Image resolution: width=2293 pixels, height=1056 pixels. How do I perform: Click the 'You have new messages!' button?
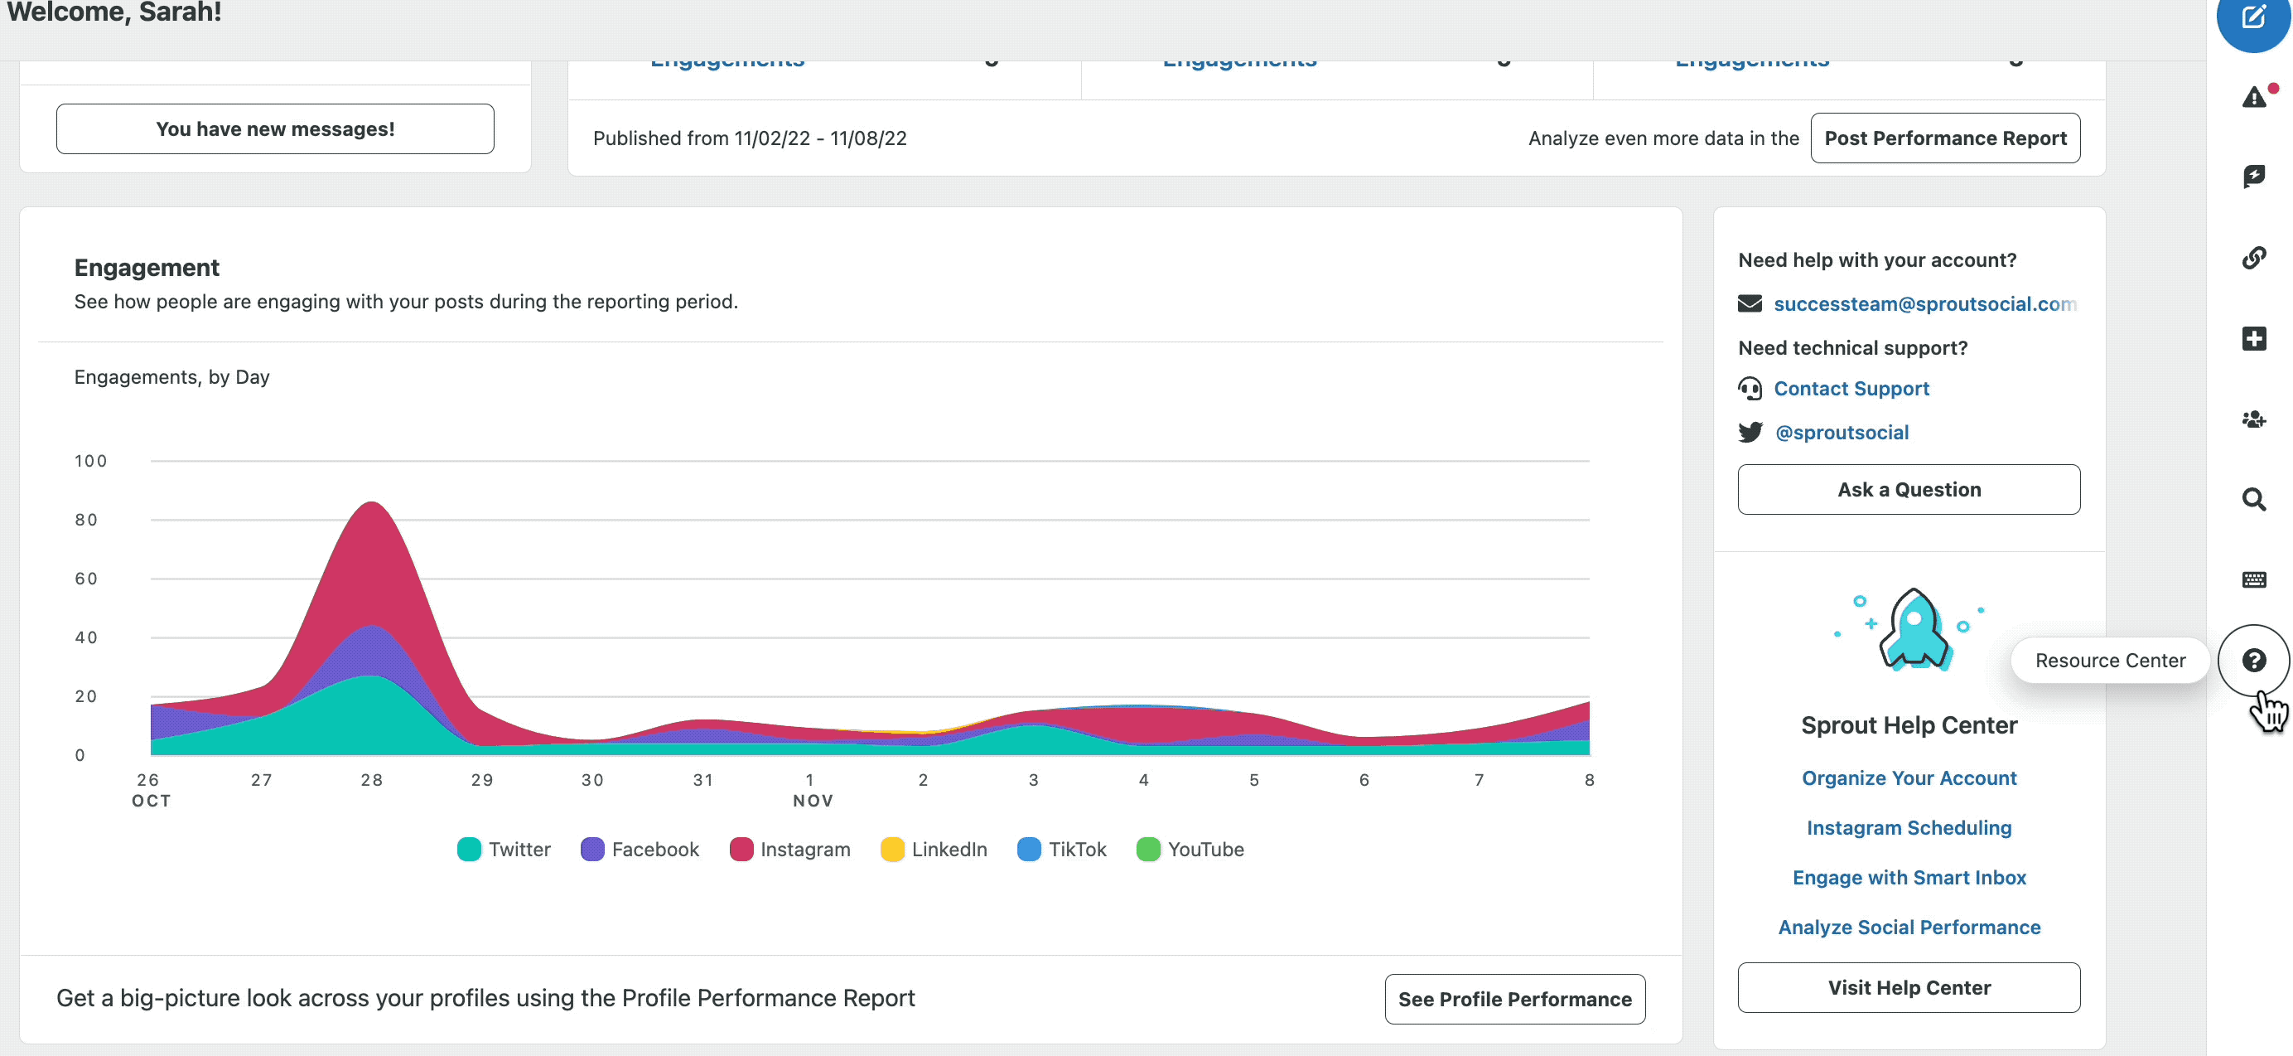pos(275,129)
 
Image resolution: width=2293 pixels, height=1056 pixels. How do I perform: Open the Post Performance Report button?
pos(1945,138)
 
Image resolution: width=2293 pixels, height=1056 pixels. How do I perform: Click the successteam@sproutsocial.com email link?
pos(1924,303)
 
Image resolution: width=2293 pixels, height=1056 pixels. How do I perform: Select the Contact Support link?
pos(1851,388)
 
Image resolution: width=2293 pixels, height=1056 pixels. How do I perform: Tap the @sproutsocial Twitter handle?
pos(1841,432)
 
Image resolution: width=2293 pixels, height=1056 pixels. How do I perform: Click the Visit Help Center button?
pos(1909,987)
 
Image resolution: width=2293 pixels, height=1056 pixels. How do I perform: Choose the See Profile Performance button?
pos(1514,999)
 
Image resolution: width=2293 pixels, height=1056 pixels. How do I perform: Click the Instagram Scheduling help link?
pos(1909,827)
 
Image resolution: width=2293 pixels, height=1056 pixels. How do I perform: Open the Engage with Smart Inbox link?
pos(1909,877)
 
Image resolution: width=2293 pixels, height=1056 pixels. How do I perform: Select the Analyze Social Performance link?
pos(1909,927)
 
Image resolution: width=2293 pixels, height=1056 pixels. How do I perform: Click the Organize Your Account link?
pos(1909,777)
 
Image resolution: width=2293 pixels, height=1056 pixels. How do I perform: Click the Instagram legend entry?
pos(789,850)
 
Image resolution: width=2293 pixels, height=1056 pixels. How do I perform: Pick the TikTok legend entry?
pos(1062,850)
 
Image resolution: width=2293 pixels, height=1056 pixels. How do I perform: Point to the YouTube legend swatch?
pos(1148,850)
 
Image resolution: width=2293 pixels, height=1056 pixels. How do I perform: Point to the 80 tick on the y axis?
pos(86,520)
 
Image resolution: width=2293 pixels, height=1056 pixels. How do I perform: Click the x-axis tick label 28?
pos(371,780)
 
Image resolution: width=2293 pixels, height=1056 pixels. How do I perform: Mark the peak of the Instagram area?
pos(371,503)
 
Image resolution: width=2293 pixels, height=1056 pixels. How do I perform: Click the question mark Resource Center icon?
pos(2253,661)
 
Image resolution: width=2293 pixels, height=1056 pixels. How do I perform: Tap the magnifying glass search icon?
pos(2253,500)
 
